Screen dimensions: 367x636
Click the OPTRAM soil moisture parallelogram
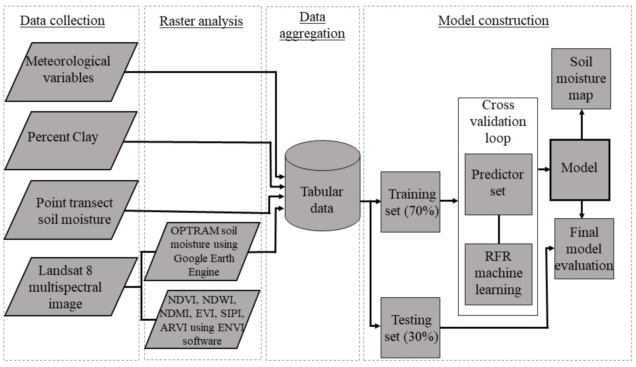(202, 251)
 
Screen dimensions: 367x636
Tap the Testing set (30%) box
(410, 328)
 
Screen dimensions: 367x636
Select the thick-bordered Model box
(580, 170)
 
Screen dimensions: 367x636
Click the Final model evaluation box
(584, 249)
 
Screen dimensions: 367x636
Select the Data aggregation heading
(312, 25)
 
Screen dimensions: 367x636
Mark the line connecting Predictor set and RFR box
(499, 229)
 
